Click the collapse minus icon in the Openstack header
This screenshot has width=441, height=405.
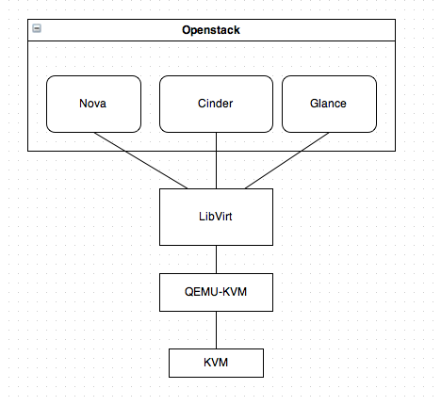coord(37,29)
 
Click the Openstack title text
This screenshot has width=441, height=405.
coord(211,30)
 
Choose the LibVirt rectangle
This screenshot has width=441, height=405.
coord(216,217)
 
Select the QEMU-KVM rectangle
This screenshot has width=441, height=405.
coord(216,292)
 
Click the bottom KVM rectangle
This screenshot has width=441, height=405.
coord(216,363)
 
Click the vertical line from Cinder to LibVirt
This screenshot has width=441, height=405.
coord(216,160)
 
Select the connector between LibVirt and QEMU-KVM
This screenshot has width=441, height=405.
coord(216,259)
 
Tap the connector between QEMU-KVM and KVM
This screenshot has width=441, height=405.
coord(216,330)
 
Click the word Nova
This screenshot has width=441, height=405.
coord(93,104)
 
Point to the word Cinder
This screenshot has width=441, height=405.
coord(216,104)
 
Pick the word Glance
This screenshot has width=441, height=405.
coord(329,104)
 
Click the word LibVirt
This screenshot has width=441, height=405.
coord(216,217)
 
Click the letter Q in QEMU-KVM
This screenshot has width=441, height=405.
coord(188,292)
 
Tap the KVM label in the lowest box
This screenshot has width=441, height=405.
coord(216,363)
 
